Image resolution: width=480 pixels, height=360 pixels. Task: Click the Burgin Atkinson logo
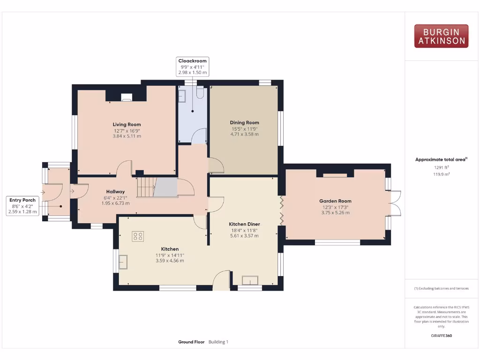point(441,36)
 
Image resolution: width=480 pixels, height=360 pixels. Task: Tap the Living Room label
point(127,124)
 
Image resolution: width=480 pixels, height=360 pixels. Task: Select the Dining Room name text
point(244,122)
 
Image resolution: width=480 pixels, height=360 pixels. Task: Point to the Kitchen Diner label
point(244,224)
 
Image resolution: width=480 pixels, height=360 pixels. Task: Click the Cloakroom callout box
point(192,67)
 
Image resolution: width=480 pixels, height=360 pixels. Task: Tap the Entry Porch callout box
point(22,206)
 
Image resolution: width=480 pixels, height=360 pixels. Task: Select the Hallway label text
point(115,191)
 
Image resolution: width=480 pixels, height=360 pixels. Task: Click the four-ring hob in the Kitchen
point(138,236)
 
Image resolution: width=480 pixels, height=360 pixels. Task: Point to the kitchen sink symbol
point(123,262)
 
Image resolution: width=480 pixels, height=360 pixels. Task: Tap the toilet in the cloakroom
point(200,93)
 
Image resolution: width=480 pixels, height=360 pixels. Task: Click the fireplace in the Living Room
point(127,97)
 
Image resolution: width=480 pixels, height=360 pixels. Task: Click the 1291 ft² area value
point(441,167)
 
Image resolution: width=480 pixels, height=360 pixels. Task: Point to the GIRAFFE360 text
point(441,336)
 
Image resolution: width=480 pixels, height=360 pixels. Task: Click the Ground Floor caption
point(191,342)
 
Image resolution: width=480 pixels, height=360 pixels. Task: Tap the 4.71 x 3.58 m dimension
point(244,134)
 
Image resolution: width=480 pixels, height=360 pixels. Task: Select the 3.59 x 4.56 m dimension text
point(170,261)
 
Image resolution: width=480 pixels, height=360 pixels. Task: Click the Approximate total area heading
point(441,159)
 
